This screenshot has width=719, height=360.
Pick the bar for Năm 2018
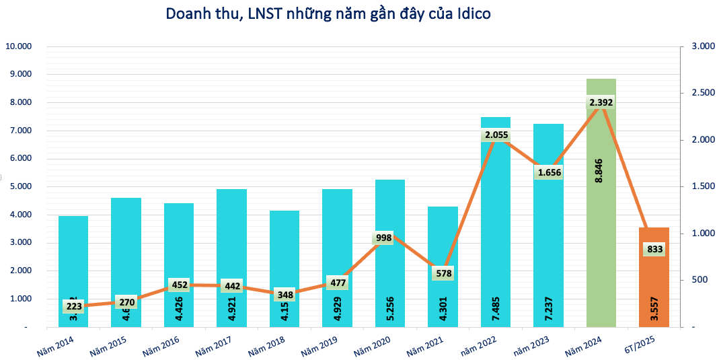pyautogui.click(x=284, y=262)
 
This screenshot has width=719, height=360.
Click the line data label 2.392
pyautogui.click(x=601, y=102)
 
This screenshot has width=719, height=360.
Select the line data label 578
pyautogui.click(x=443, y=273)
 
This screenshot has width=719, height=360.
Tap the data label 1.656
pyautogui.click(x=548, y=172)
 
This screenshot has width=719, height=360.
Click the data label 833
pyautogui.click(x=654, y=250)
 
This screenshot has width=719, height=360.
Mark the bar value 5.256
pyautogui.click(x=390, y=303)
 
